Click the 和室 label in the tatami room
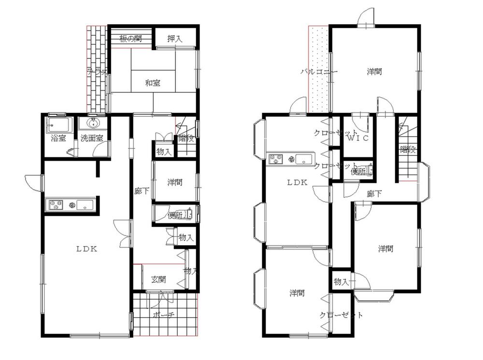(x=153, y=83)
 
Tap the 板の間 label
(x=131, y=39)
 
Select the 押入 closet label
(x=175, y=39)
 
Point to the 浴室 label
(x=58, y=138)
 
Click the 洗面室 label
(x=91, y=138)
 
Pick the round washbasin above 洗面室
(x=93, y=123)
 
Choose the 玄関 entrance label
(x=159, y=279)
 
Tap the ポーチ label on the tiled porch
(x=163, y=315)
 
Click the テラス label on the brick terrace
(x=97, y=71)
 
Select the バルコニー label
(x=319, y=72)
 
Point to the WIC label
(x=359, y=138)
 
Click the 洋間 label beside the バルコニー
(x=374, y=72)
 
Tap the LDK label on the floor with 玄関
(x=87, y=249)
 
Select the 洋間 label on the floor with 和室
(x=175, y=182)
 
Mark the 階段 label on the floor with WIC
(x=408, y=150)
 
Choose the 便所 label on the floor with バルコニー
(x=358, y=171)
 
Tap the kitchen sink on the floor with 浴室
(x=86, y=205)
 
